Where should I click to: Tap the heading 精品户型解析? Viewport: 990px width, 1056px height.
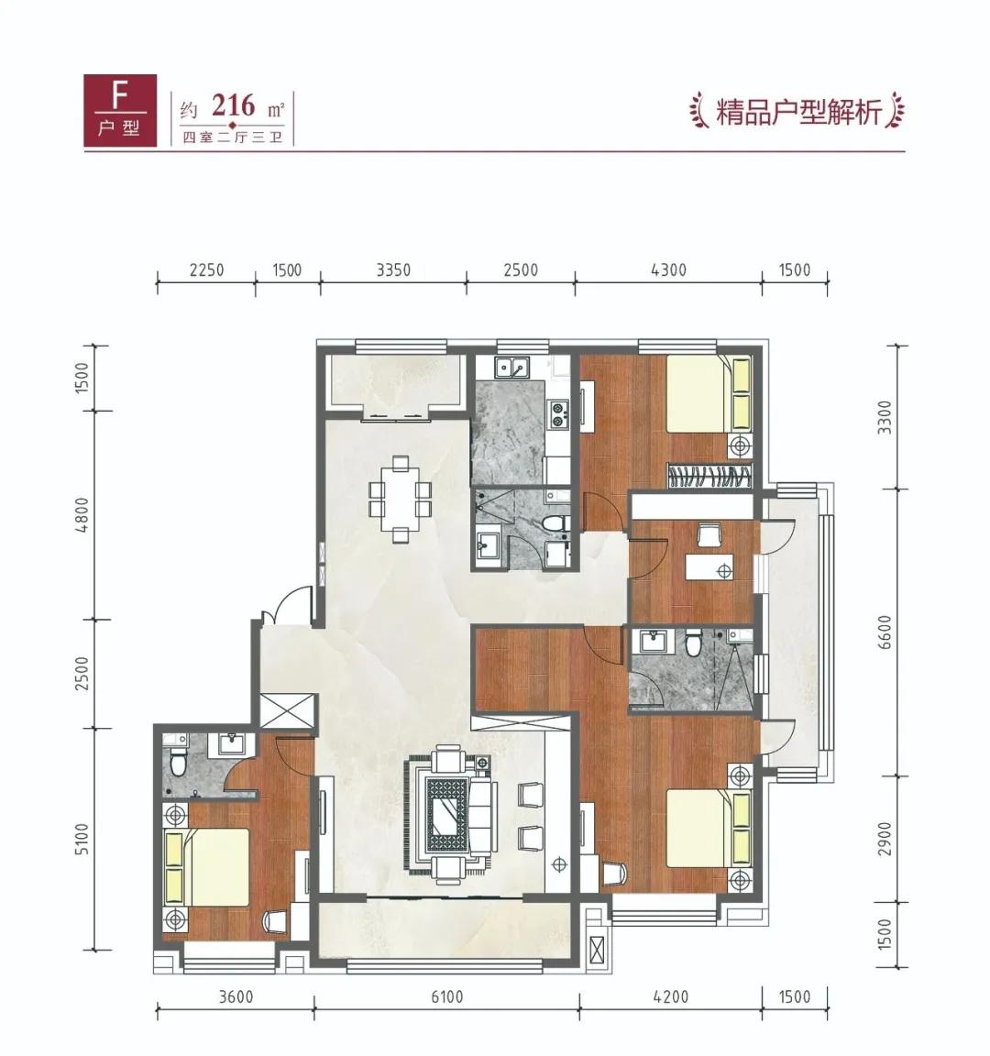click(797, 113)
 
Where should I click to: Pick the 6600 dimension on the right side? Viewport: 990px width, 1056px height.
click(884, 632)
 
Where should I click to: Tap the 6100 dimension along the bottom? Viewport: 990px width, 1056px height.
click(445, 996)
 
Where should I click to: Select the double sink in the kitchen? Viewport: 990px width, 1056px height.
click(511, 368)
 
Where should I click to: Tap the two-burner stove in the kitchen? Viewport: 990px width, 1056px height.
click(558, 414)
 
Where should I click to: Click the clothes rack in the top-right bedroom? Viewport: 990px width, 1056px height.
click(711, 477)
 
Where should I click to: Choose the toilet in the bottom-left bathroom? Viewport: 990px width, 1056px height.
click(178, 760)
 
